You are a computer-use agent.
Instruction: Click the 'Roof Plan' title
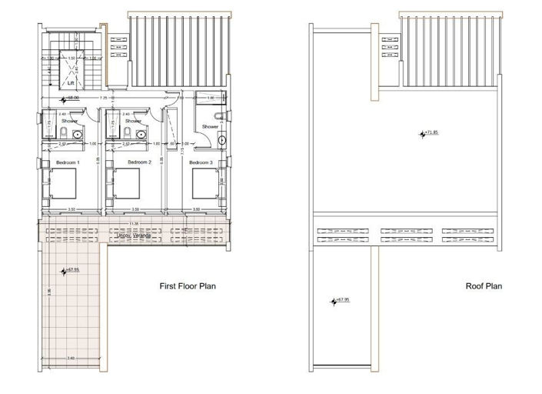click(484, 285)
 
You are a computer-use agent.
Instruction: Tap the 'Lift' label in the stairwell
click(71, 82)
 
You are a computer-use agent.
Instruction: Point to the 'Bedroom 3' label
click(201, 162)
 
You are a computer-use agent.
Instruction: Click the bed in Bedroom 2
click(127, 184)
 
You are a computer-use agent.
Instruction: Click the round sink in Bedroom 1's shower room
click(77, 134)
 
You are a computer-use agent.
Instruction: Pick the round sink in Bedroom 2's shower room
click(141, 134)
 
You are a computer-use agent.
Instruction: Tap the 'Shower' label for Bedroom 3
click(210, 127)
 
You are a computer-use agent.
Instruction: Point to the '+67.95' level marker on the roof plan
click(341, 300)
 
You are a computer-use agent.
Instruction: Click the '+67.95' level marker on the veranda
click(71, 270)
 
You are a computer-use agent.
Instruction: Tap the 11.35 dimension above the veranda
click(135, 224)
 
